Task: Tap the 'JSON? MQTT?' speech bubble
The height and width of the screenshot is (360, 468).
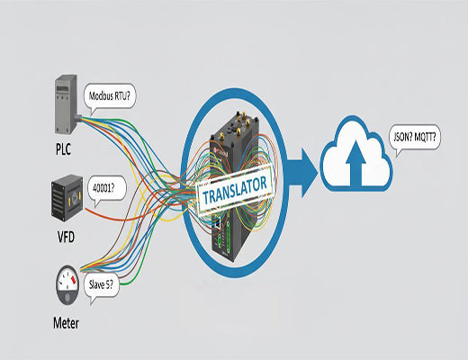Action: (416, 139)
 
